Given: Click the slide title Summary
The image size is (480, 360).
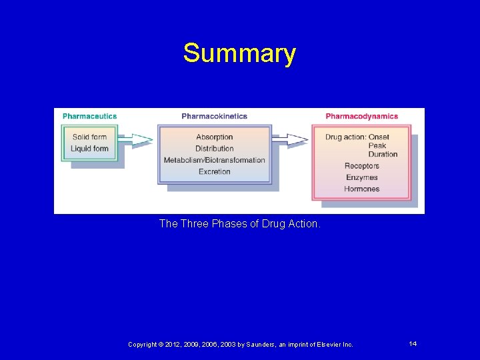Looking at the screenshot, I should point(239,53).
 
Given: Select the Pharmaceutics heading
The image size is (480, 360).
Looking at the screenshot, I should point(89,116).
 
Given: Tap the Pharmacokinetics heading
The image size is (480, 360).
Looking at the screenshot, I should point(214,116).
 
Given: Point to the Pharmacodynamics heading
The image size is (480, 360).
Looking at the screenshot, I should point(361,116).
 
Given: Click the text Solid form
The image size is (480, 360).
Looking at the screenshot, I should point(89,137).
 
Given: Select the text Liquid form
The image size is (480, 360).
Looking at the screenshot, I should point(89,149).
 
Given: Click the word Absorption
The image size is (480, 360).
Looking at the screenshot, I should point(214,137).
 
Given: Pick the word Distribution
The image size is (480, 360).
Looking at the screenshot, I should point(214,149).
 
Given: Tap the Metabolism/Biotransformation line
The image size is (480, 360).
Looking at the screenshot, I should point(214,160).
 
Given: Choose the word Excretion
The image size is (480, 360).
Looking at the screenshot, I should point(214,171).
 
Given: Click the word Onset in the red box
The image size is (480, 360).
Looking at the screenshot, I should point(379,137).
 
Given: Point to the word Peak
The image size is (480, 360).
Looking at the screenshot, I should point(377,146).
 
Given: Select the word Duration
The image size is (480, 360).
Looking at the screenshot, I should point(383,155).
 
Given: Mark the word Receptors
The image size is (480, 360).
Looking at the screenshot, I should point(361,166).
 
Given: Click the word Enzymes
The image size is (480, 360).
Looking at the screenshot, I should point(361,177).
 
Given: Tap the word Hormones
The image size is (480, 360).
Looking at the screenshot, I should point(361,189).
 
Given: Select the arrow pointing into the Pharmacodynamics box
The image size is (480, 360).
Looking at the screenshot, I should point(291,139).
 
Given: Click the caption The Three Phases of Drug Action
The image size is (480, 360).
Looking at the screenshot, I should point(239,224).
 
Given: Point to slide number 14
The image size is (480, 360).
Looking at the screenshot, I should point(413,343).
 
